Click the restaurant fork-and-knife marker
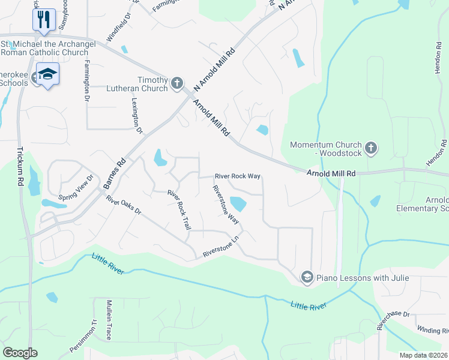(43, 19)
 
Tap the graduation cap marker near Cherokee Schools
(47, 74)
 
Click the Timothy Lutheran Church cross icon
(177, 83)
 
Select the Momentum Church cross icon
(371, 146)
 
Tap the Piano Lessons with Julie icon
(307, 277)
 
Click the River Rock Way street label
(238, 176)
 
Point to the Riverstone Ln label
(221, 247)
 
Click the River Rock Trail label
(179, 210)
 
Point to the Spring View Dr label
(77, 188)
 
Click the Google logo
(20, 353)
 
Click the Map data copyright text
(424, 355)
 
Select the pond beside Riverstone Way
(238, 204)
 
